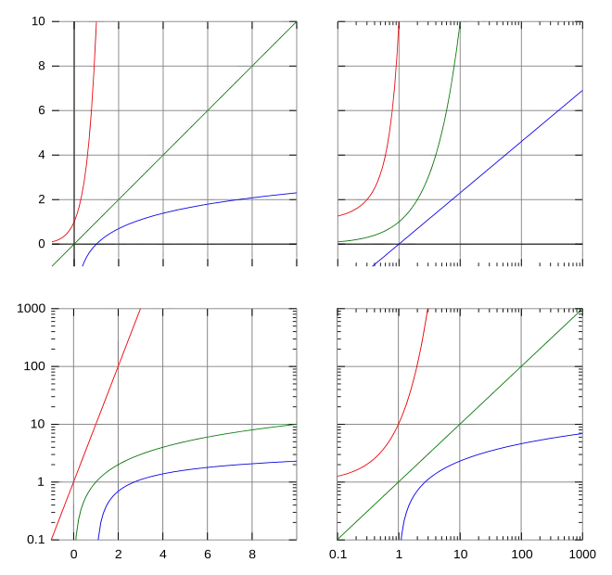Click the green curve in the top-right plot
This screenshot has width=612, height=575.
pos(442,139)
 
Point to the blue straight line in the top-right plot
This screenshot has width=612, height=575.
pos(482,176)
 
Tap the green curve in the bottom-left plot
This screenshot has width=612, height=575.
pos(185,442)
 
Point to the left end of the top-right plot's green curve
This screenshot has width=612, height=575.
pos(339,242)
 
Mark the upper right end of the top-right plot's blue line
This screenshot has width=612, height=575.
pos(582,91)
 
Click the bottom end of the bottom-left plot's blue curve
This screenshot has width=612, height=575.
pos(97,539)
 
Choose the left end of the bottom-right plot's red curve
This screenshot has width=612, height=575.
pos(339,478)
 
